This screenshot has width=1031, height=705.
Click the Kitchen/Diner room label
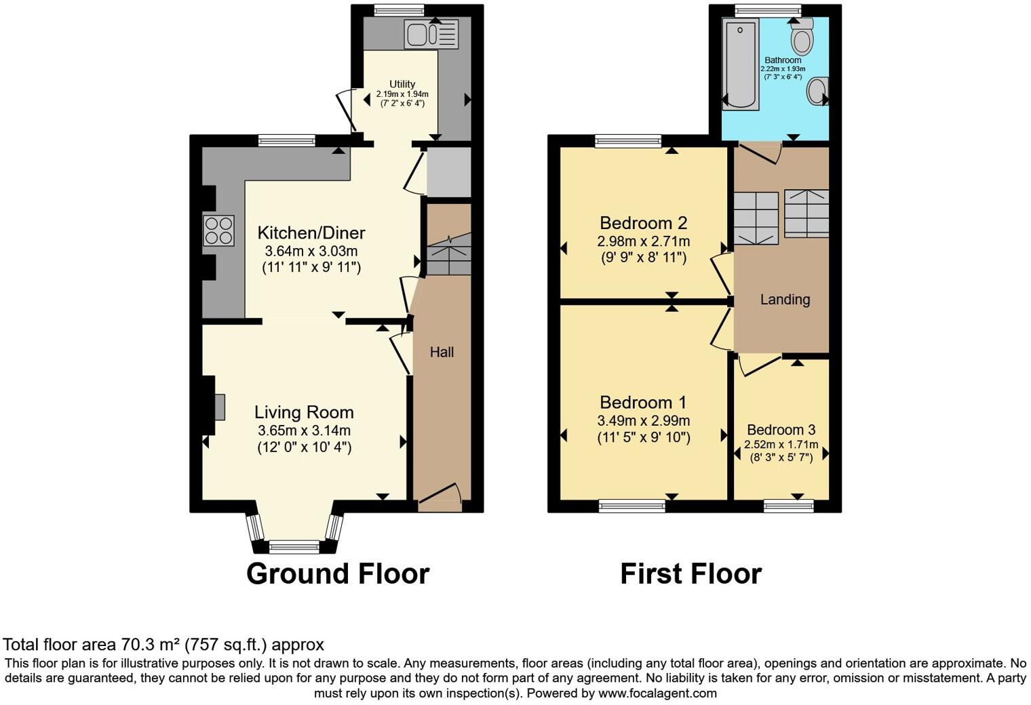(x=311, y=233)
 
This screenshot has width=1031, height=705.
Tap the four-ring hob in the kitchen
(x=219, y=230)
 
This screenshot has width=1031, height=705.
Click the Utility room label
(x=402, y=84)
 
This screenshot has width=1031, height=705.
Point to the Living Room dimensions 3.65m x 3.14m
(x=304, y=430)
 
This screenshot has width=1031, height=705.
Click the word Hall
(x=442, y=352)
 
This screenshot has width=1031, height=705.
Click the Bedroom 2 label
(x=643, y=223)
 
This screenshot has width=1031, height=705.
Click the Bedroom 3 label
(x=781, y=430)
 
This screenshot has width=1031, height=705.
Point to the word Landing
(x=785, y=300)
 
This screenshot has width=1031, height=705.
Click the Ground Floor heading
(x=338, y=573)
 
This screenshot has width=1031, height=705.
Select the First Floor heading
(x=690, y=573)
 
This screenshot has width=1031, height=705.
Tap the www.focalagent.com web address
(x=657, y=693)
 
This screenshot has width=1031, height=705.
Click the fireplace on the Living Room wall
(x=218, y=407)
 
